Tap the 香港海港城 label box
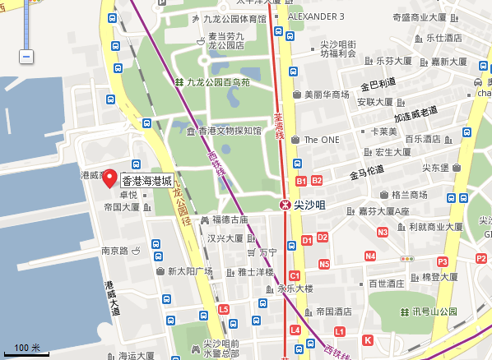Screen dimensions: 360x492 (x=147, y=181)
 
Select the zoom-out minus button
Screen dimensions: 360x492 (x=26, y=57)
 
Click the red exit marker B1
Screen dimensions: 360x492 (x=300, y=181)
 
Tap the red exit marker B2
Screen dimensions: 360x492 (x=317, y=181)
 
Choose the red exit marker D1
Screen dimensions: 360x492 (x=306, y=240)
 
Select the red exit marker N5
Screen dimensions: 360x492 (x=324, y=264)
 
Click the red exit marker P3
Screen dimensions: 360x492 (x=443, y=261)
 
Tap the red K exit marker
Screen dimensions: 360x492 (x=368, y=339)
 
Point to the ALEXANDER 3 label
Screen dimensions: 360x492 (x=316, y=16)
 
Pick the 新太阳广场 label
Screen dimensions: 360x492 (x=189, y=271)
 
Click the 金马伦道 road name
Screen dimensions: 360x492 (x=366, y=174)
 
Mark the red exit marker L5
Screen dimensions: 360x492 (x=224, y=309)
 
